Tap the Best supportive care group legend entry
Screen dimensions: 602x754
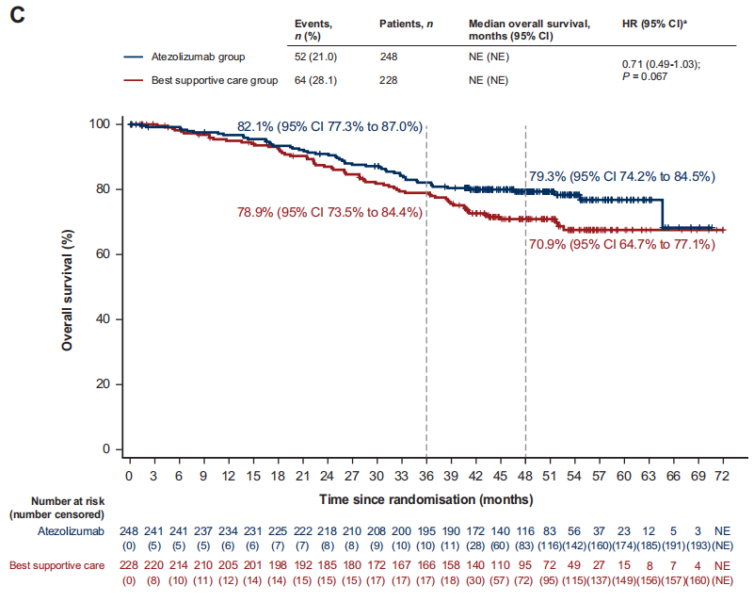[x=214, y=80]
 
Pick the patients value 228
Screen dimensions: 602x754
[x=389, y=80]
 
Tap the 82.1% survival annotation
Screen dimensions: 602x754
[x=329, y=126]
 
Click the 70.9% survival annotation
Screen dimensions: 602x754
[x=620, y=245]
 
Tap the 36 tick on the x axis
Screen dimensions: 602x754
[x=425, y=477]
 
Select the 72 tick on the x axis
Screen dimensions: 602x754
[x=723, y=477]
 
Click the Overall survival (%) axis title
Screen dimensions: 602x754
[x=67, y=286]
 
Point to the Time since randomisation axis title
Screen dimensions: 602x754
[x=425, y=497]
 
